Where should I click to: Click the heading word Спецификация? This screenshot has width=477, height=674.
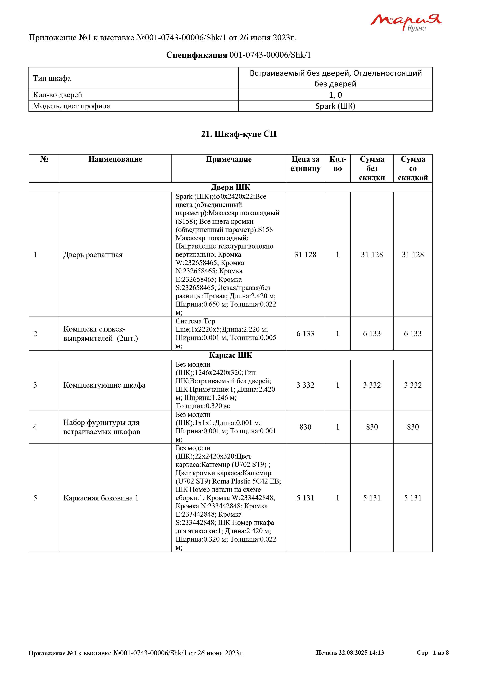tap(197, 55)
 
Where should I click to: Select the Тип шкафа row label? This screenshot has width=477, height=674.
tap(52, 78)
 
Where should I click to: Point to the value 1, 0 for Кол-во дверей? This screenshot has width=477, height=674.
tap(335, 95)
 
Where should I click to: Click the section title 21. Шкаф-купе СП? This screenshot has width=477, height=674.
tap(239, 134)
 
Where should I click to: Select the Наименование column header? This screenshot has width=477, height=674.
tap(115, 159)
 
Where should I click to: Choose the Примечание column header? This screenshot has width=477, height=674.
tap(228, 159)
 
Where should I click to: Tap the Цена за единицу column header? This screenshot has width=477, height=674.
tap(305, 164)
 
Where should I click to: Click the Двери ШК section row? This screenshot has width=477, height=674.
tap(230, 187)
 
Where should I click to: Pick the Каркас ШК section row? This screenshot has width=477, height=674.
tap(230, 355)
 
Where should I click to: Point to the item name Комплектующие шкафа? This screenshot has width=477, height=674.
tap(104, 385)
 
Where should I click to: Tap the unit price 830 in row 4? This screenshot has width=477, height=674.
tap(305, 427)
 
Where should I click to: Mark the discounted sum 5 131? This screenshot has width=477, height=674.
tap(413, 498)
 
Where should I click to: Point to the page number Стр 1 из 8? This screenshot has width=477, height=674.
tap(432, 652)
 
